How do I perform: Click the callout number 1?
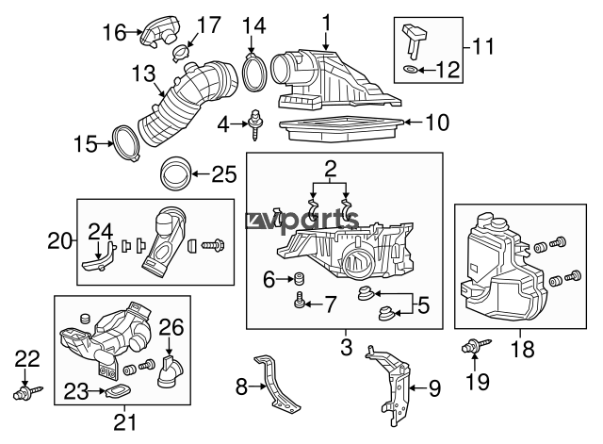(326, 21)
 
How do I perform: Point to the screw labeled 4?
(254, 123)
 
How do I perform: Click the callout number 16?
(114, 33)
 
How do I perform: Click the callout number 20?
(59, 240)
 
